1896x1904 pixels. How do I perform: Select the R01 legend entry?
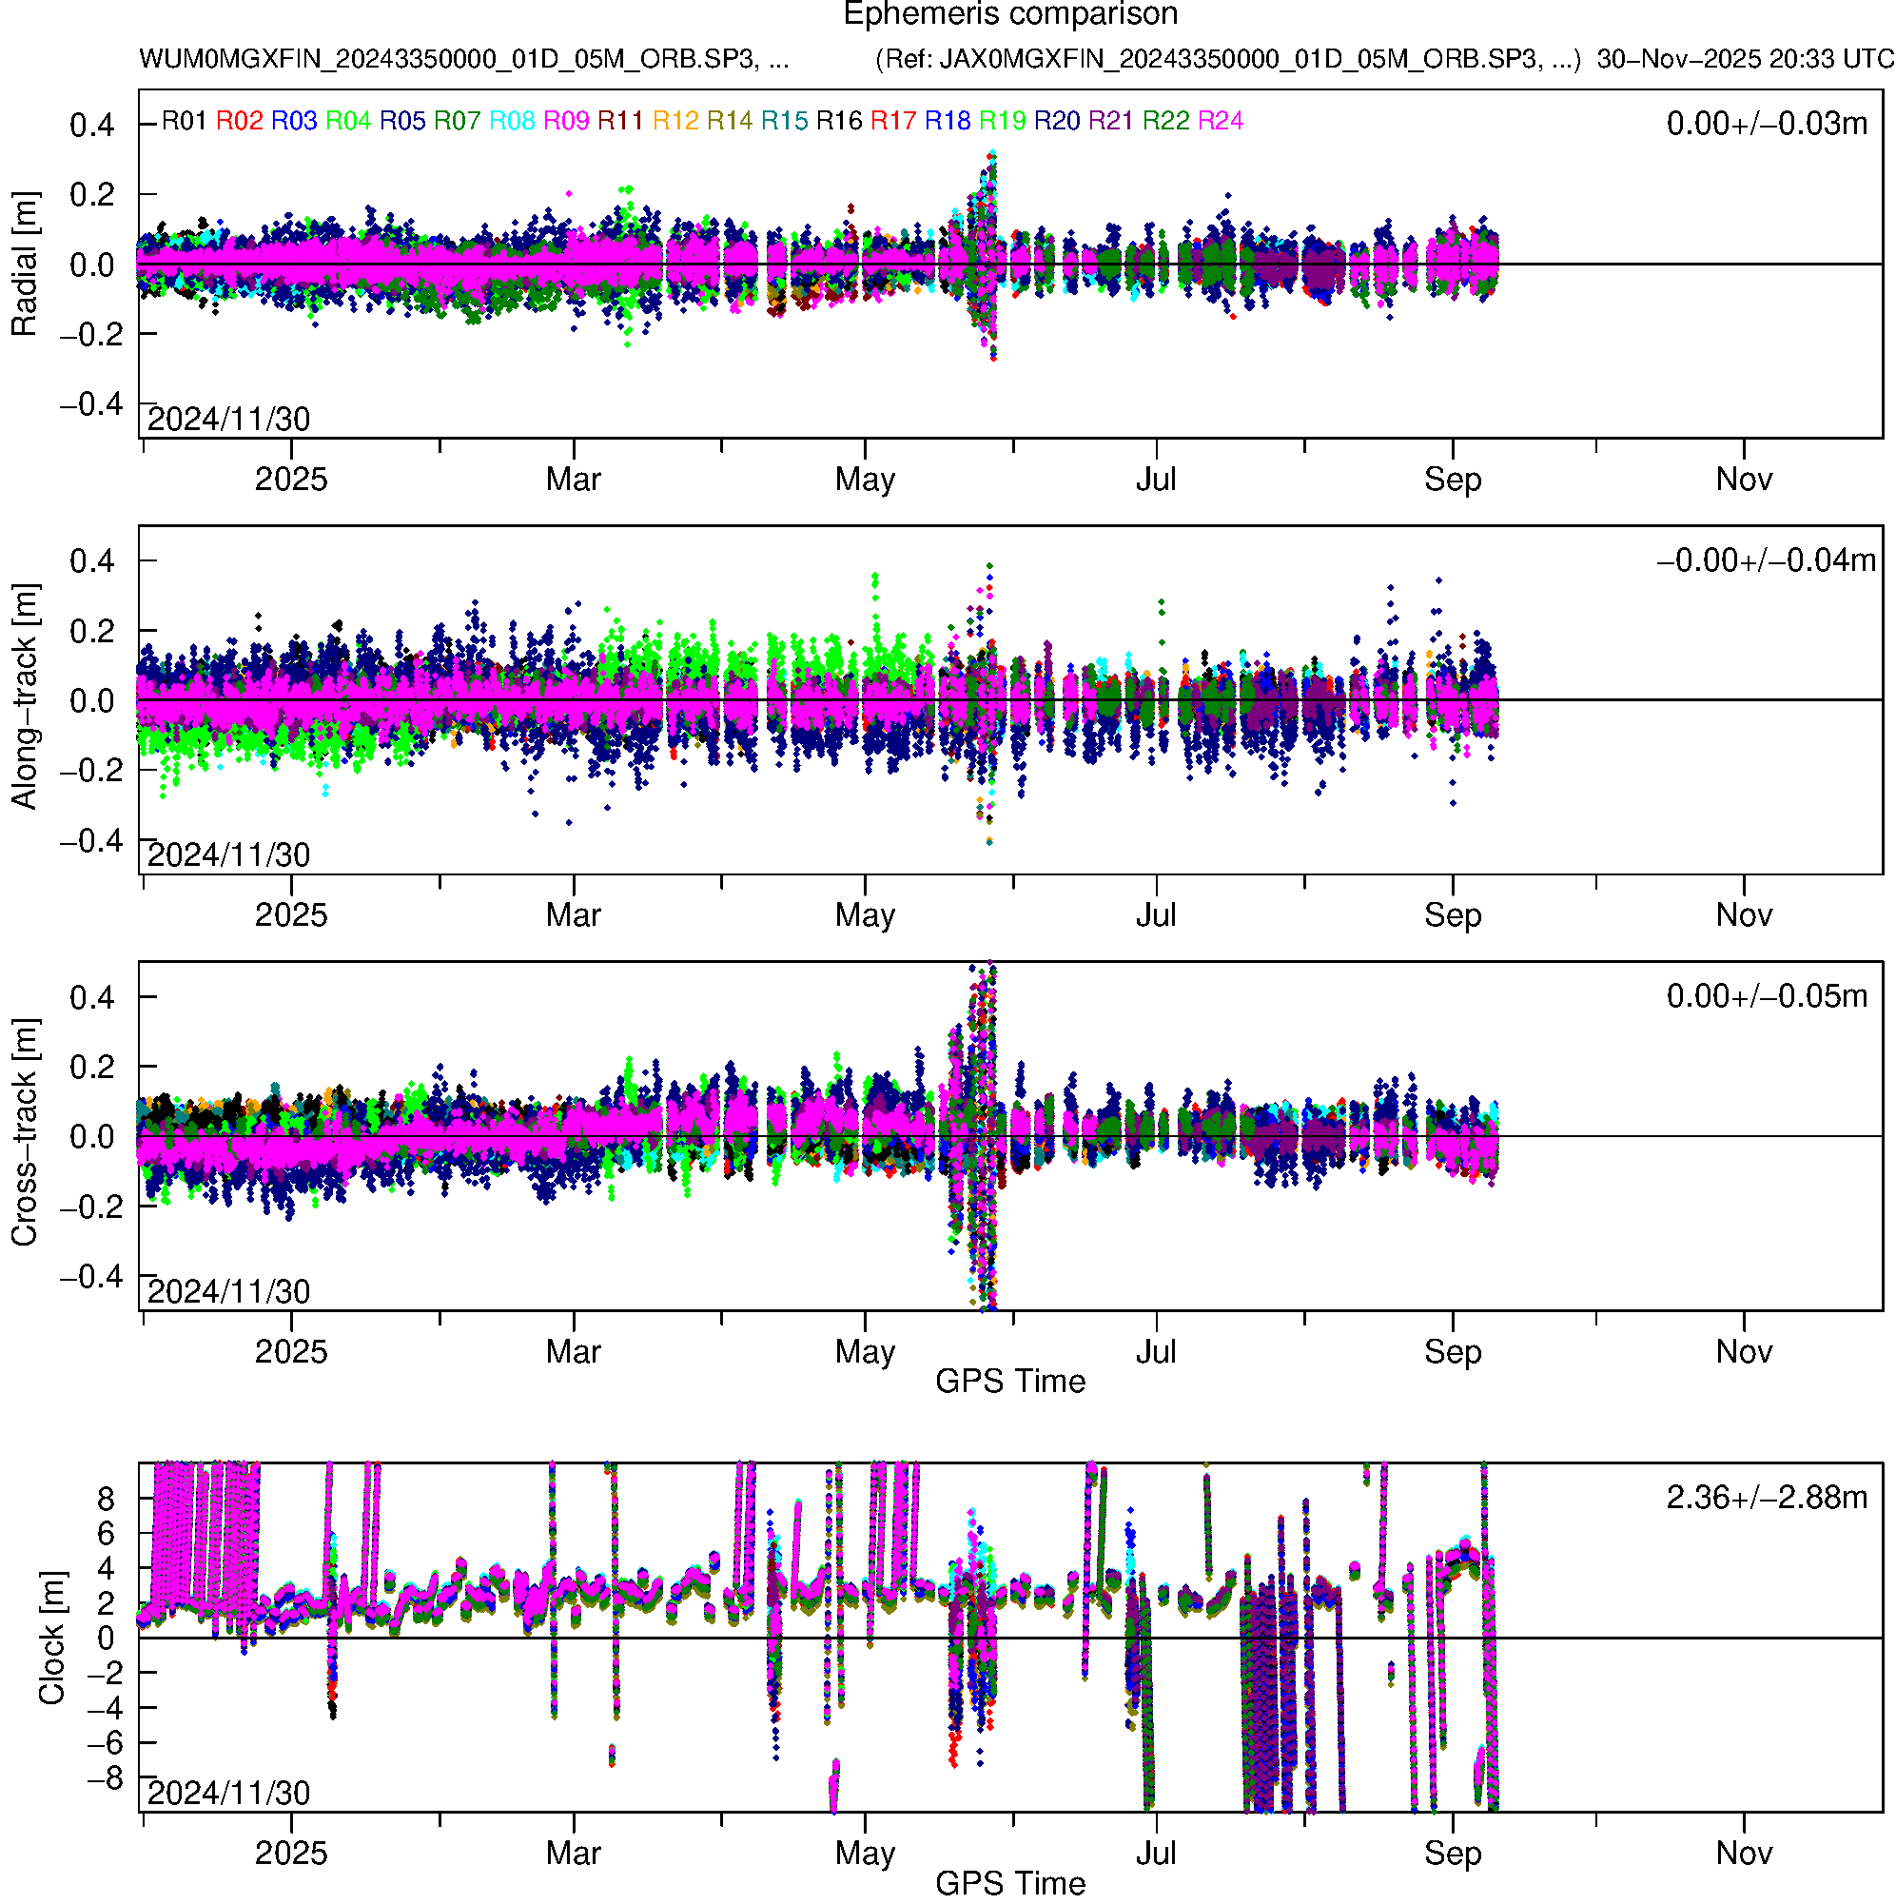pyautogui.click(x=185, y=121)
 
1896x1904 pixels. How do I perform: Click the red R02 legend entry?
pyautogui.click(x=240, y=121)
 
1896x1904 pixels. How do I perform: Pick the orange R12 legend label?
pyautogui.click(x=675, y=121)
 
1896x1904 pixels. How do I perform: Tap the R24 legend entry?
pyautogui.click(x=1220, y=121)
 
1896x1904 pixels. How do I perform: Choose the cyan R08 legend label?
pyautogui.click(x=512, y=121)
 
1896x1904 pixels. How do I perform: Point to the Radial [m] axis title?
pyautogui.click(x=24, y=265)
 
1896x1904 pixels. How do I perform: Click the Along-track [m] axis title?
pyautogui.click(x=24, y=697)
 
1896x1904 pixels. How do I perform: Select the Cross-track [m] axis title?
pyautogui.click(x=24, y=1133)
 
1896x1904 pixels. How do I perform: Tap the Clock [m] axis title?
pyautogui.click(x=51, y=1637)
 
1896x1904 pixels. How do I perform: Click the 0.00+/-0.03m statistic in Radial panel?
pyautogui.click(x=1766, y=124)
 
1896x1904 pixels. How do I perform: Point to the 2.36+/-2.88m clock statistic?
pyautogui.click(x=1766, y=1498)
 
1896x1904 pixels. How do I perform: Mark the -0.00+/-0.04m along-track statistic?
pyautogui.click(x=1766, y=560)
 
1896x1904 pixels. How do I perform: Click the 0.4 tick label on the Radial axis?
pyautogui.click(x=91, y=126)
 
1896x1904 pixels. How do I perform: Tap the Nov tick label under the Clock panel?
pyautogui.click(x=1743, y=1854)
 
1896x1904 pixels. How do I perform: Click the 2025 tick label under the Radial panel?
pyautogui.click(x=291, y=480)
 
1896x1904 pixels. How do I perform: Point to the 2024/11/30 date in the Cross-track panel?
pyautogui.click(x=228, y=1292)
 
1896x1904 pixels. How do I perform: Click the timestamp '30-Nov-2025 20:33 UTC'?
pyautogui.click(x=1744, y=59)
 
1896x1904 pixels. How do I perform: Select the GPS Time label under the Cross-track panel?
pyautogui.click(x=1010, y=1382)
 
